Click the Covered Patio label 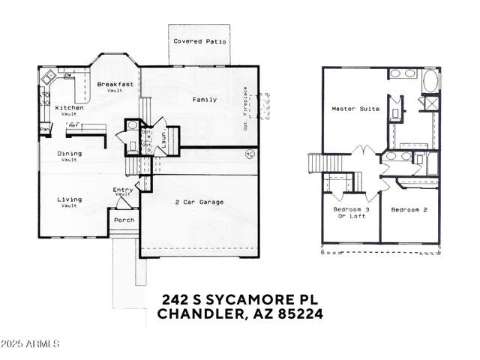click(199, 42)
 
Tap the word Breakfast click(115, 84)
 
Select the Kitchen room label click(70, 108)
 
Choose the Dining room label click(70, 154)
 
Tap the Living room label click(70, 199)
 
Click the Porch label click(124, 220)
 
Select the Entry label click(123, 190)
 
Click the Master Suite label click(355, 109)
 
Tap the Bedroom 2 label click(409, 210)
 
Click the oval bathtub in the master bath click(432, 81)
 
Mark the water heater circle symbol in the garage click(250, 156)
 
